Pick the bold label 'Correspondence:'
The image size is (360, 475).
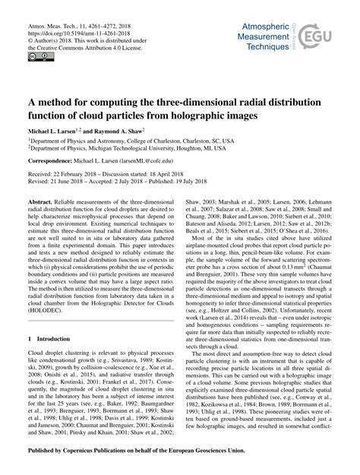(53, 163)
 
